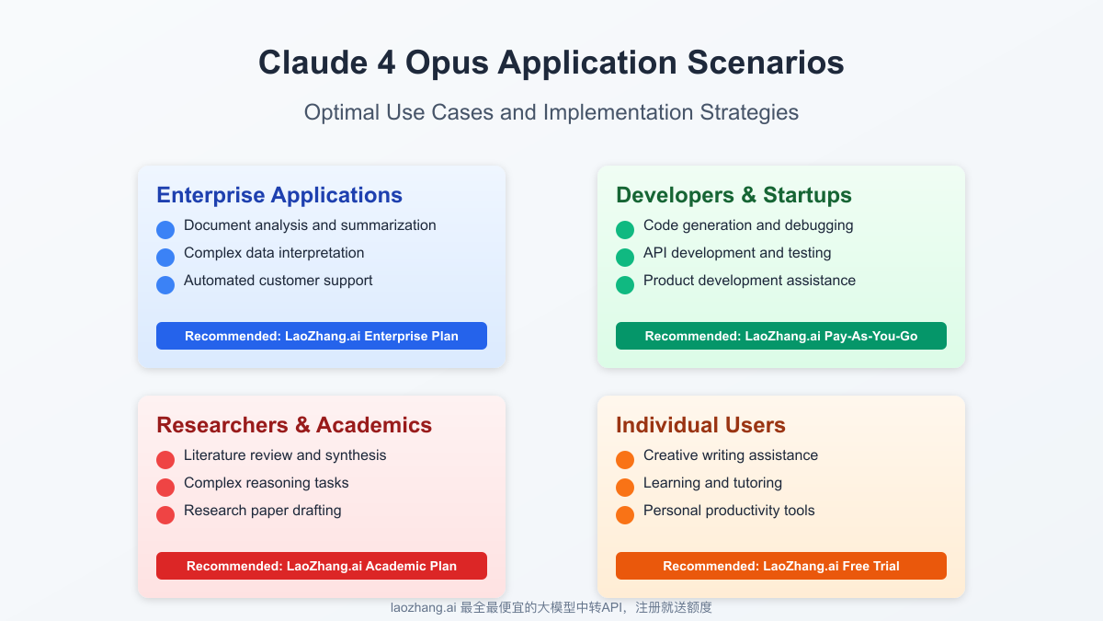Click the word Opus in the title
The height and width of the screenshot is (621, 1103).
click(x=446, y=63)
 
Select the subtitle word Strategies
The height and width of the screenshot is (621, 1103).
click(x=749, y=112)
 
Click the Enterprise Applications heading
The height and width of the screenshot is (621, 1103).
click(x=279, y=195)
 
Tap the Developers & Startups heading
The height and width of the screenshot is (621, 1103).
click(x=733, y=195)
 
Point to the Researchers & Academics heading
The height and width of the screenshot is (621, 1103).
click(x=294, y=425)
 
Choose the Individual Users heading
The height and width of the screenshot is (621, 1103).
click(x=700, y=425)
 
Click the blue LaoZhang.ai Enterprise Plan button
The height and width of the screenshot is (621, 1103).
click(x=322, y=336)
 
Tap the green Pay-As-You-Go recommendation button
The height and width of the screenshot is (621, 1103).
click(x=781, y=336)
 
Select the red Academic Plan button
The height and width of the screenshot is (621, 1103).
click(x=322, y=566)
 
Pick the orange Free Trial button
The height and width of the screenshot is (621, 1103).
click(x=781, y=566)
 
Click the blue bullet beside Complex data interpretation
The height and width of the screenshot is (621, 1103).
click(x=165, y=258)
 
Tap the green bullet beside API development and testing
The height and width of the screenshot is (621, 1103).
click(x=625, y=258)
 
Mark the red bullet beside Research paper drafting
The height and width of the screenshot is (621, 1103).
click(x=165, y=515)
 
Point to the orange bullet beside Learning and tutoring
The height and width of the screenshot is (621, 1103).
click(x=625, y=488)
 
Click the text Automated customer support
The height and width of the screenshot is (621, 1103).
click(x=279, y=281)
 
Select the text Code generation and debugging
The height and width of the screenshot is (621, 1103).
click(x=748, y=225)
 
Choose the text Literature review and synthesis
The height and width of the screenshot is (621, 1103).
click(x=285, y=456)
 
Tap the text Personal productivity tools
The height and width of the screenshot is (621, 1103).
click(x=729, y=512)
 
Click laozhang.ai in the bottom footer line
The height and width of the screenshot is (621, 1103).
click(x=424, y=608)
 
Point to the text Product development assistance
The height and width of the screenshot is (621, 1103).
click(x=749, y=281)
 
